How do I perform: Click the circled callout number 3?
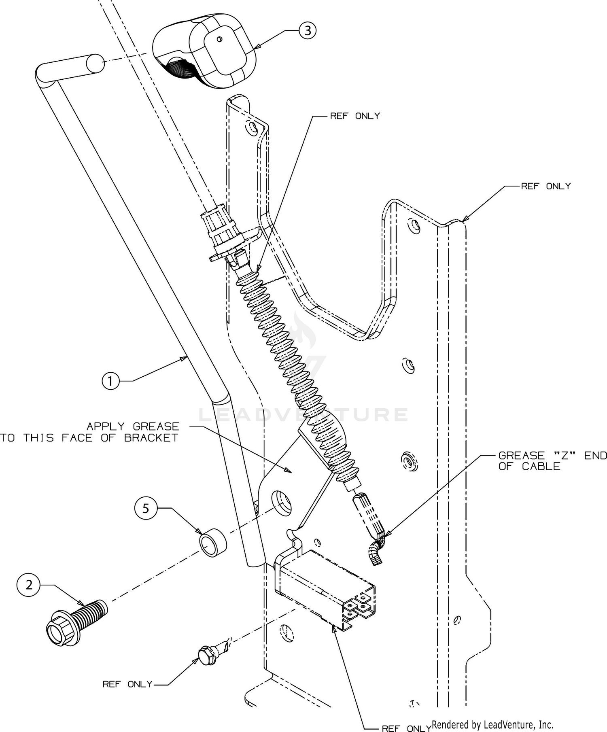[308, 30]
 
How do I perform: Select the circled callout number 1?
[110, 381]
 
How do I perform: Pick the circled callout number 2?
[29, 585]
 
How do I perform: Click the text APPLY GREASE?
[133, 426]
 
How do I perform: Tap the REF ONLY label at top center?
[355, 116]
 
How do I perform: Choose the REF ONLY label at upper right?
[545, 186]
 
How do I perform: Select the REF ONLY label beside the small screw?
[127, 684]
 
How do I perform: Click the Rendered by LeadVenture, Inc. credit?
[492, 724]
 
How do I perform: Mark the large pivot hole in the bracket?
[281, 503]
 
